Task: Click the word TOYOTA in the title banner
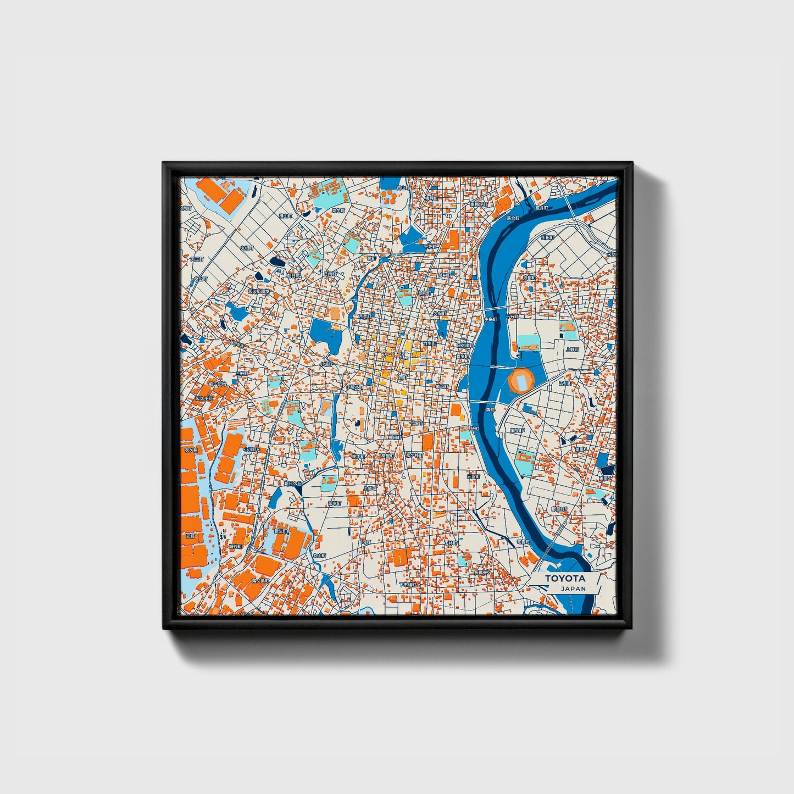[x=565, y=579]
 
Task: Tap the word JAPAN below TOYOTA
[x=573, y=588]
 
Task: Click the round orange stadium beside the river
[x=521, y=380]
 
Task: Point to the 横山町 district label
[x=285, y=216]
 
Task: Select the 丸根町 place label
[x=247, y=248]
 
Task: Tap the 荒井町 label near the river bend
[x=542, y=208]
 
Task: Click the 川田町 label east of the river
[x=547, y=238]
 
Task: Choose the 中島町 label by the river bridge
[x=490, y=319]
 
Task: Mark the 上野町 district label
[x=573, y=349]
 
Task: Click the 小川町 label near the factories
[x=252, y=449]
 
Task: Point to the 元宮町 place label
[x=473, y=477]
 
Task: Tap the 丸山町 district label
[x=320, y=556]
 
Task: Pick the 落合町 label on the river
[x=513, y=218]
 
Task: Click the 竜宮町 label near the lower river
[x=523, y=542]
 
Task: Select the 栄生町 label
[x=338, y=210]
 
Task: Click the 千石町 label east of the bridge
[x=512, y=317]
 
